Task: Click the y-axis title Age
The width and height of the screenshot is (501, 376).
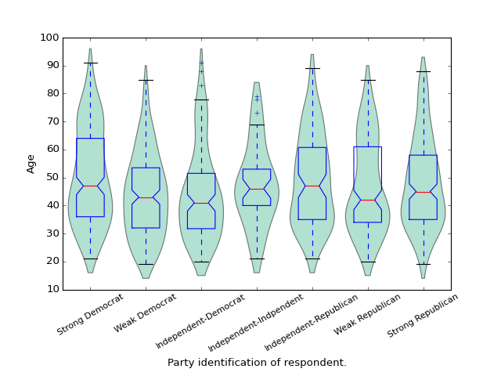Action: (x=31, y=163)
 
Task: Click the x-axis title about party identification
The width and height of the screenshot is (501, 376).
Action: (x=257, y=363)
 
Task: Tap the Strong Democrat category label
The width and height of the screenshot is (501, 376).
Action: (x=91, y=314)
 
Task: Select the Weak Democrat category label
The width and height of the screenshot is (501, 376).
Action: (x=146, y=313)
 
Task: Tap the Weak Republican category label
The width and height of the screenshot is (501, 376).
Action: (x=367, y=314)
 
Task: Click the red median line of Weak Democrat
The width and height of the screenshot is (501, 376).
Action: (x=146, y=197)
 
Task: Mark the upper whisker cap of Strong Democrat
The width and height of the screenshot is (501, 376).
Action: (x=90, y=63)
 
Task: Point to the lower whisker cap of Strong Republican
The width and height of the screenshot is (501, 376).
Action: (x=424, y=264)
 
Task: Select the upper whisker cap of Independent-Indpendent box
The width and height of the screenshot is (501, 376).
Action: (x=257, y=125)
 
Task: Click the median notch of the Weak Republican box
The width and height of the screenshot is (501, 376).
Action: (x=368, y=200)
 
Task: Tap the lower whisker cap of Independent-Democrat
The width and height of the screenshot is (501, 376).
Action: (x=201, y=262)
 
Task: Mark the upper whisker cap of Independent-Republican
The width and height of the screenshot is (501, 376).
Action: (x=312, y=68)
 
